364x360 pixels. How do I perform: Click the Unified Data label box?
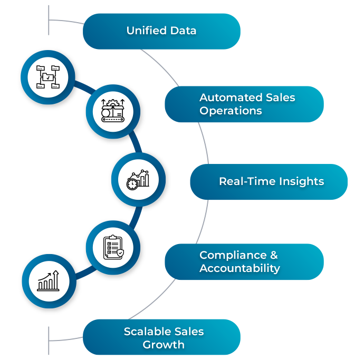(x=161, y=31)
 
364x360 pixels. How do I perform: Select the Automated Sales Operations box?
(x=244, y=104)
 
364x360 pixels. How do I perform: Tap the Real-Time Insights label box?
(x=269, y=182)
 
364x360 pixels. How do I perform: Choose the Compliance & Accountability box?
(x=244, y=261)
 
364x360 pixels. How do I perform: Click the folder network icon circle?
(x=48, y=77)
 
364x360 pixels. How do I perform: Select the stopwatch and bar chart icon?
(x=138, y=179)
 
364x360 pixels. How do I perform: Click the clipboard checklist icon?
(x=113, y=247)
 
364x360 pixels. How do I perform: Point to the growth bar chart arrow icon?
(x=49, y=281)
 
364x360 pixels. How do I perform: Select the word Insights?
(x=301, y=182)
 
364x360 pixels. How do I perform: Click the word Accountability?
(x=240, y=268)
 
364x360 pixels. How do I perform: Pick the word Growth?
(x=164, y=345)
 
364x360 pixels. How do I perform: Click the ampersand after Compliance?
(x=273, y=255)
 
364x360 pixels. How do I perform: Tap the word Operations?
(x=231, y=111)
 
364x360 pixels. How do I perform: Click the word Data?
(x=184, y=31)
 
